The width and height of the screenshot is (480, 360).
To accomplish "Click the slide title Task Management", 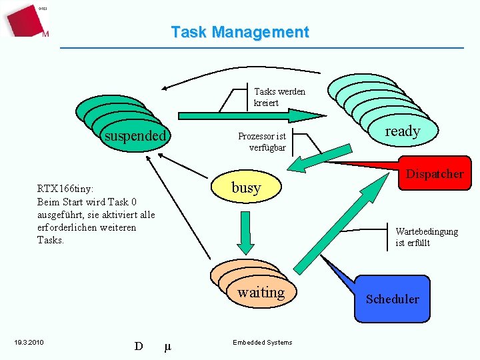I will pyautogui.click(x=240, y=32).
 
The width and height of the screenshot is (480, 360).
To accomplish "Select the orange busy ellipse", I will pyautogui.click(x=246, y=188).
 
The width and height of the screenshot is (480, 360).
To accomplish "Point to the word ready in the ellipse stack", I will pyautogui.click(x=402, y=131).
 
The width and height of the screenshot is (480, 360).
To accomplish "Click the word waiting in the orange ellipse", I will pyautogui.click(x=261, y=292).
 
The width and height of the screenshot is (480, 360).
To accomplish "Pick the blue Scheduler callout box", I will pyautogui.click(x=392, y=299).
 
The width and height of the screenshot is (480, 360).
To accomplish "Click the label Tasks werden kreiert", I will pyautogui.click(x=279, y=97).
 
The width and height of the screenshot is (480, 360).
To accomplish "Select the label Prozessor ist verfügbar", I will pyautogui.click(x=262, y=141).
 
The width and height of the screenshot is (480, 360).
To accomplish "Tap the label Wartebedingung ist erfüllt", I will pyautogui.click(x=426, y=237).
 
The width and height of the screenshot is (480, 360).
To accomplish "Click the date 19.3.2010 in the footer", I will pyautogui.click(x=29, y=343).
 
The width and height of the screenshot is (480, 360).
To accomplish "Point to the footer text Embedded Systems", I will pyautogui.click(x=262, y=343).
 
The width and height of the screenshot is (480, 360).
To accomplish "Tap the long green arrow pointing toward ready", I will pyautogui.click(x=253, y=115).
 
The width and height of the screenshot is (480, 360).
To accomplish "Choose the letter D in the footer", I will pyautogui.click(x=139, y=346).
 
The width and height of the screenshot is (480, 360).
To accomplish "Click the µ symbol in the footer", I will pyautogui.click(x=167, y=346).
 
